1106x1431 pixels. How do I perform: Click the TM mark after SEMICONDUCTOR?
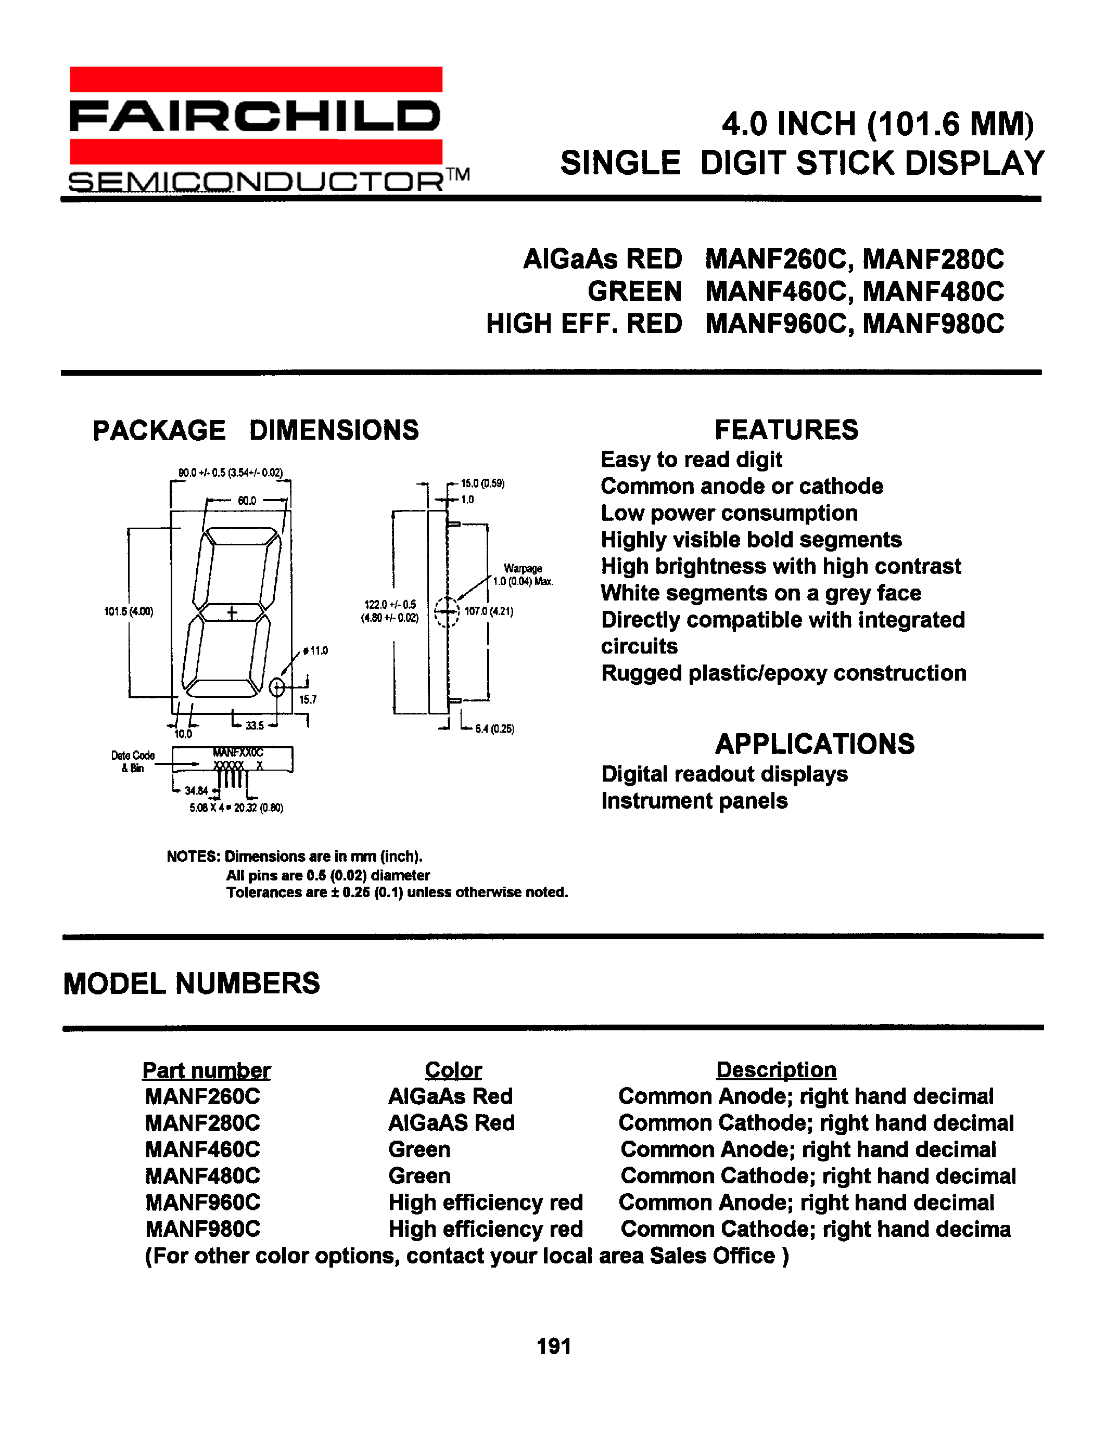click(458, 175)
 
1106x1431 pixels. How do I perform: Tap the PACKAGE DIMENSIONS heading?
click(256, 430)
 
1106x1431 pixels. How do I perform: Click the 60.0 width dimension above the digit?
click(247, 501)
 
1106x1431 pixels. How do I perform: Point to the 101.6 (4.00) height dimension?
click(129, 611)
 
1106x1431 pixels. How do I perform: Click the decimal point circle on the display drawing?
click(277, 687)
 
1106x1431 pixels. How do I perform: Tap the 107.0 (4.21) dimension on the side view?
click(489, 611)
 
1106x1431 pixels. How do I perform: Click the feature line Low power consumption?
click(729, 513)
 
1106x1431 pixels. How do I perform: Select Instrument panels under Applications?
click(694, 801)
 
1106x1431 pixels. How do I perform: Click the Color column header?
click(453, 1070)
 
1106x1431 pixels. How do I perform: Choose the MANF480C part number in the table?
click(202, 1176)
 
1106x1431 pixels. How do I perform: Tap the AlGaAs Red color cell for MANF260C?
click(450, 1096)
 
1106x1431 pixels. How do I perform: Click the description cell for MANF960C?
click(806, 1203)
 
